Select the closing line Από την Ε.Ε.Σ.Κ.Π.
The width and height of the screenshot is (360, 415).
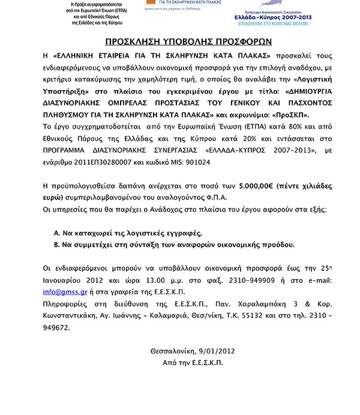coord(192,363)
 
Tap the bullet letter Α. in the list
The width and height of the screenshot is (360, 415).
coord(58,232)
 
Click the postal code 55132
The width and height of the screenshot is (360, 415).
coord(254,317)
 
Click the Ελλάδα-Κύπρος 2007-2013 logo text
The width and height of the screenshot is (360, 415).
coord(275,19)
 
